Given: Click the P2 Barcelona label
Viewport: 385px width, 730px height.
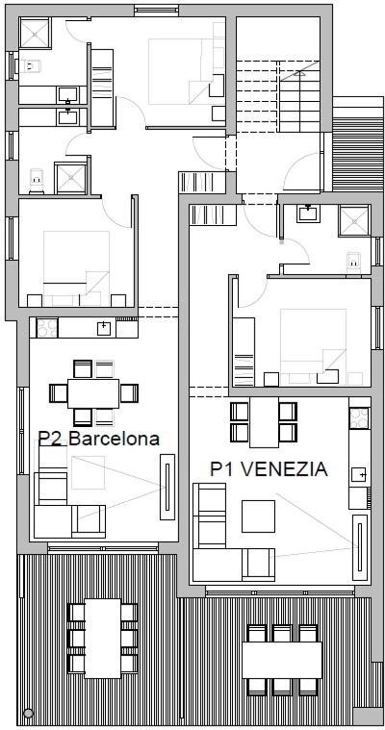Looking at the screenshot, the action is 98,438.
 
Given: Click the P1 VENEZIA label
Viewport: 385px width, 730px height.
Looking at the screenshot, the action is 269,468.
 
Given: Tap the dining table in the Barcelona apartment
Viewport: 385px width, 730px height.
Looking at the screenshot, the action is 93,393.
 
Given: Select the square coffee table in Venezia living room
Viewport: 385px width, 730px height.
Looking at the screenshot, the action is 258,516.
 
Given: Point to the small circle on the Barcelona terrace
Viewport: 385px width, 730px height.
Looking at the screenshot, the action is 28,713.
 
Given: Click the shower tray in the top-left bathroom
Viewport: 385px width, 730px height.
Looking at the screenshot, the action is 35,33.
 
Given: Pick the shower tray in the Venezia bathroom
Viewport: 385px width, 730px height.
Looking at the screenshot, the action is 353,220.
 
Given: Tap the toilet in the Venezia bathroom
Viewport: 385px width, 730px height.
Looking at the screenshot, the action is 354,262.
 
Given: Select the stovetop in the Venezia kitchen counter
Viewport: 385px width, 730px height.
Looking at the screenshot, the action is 359,417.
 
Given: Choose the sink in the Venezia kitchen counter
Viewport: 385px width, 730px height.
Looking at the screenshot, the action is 359,474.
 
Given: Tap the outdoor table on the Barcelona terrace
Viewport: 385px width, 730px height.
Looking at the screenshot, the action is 103,638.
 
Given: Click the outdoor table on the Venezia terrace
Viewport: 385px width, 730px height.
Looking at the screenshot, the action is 282,660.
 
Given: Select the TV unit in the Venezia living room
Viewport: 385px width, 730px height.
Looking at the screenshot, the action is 360,547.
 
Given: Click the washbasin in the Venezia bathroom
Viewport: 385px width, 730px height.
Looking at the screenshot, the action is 308,213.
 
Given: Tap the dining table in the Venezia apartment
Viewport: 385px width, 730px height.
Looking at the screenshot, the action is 264,422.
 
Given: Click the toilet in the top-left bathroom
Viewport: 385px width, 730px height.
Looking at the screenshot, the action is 28,66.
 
